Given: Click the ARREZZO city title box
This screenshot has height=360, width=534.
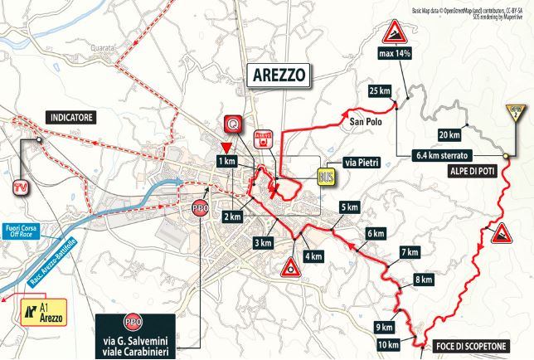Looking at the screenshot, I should click(277, 75).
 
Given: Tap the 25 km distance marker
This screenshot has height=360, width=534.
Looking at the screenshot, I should click(379, 90).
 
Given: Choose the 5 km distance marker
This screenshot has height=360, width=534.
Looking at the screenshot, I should click(349, 207).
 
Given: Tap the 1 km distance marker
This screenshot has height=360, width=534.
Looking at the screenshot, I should click(225, 160).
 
